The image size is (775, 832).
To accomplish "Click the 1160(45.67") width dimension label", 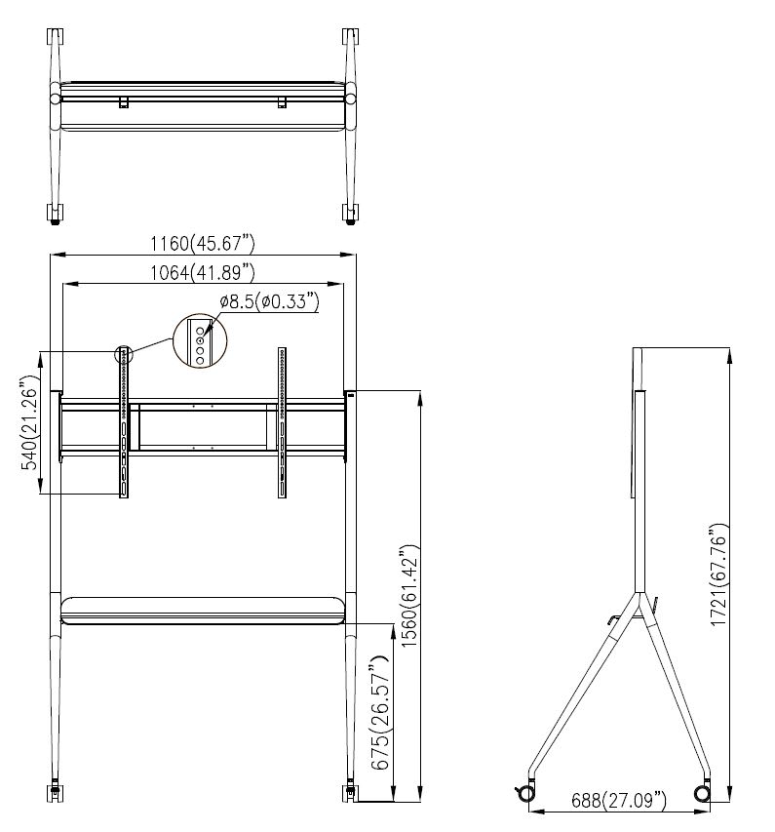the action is click(203, 244).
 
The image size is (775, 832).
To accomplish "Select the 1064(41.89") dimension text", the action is click(203, 273).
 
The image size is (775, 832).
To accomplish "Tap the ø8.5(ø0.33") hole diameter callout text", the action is click(269, 302).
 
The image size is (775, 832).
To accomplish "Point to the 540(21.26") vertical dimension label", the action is click(29, 422).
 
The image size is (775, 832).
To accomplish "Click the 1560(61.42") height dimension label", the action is click(410, 595).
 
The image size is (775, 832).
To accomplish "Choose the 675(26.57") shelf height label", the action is click(380, 713).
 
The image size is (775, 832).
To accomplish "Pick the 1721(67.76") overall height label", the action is click(717, 575).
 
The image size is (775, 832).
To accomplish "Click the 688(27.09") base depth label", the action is click(618, 800).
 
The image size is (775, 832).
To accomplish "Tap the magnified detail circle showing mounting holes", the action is click(200, 340).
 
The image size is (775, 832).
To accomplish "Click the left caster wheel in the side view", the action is click(526, 793).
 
